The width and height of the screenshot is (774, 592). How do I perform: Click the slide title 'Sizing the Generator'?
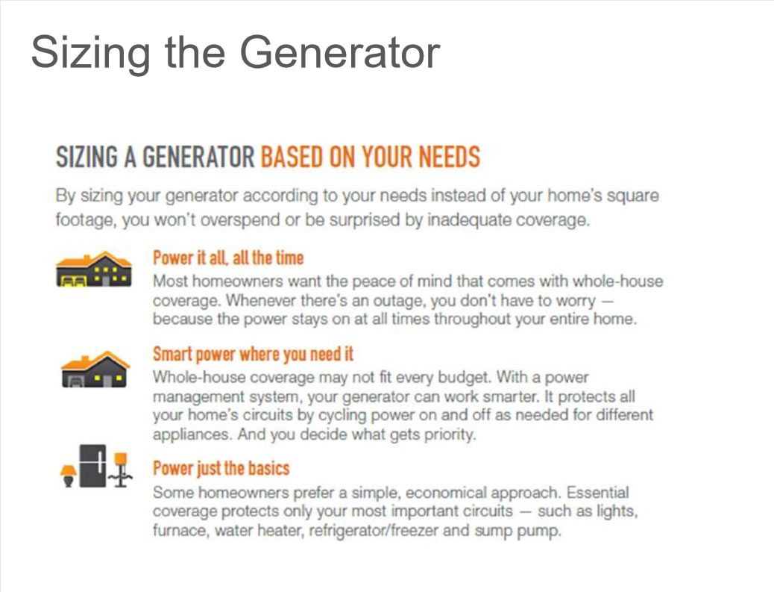point(236,53)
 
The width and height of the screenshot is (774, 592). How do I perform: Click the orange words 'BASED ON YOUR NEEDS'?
point(370,157)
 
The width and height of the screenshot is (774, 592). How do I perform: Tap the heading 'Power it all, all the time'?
point(228,258)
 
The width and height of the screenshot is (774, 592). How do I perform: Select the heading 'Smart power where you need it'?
point(254,355)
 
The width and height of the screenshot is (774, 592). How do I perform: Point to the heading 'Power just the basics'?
point(221,468)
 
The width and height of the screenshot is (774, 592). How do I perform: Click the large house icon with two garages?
point(94,269)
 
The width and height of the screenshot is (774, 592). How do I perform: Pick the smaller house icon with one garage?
point(95,369)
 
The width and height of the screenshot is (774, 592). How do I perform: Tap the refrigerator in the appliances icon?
point(93,466)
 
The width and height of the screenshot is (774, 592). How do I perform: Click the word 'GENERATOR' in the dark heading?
point(198,157)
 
